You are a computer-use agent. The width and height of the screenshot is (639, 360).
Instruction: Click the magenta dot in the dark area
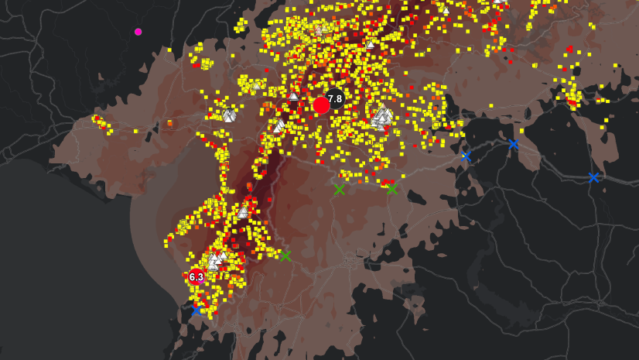(138, 32)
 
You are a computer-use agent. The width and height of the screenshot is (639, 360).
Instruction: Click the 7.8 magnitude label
(335, 98)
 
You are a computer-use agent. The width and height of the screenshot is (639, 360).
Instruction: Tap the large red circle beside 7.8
(321, 105)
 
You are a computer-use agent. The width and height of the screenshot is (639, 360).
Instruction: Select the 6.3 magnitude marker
(196, 276)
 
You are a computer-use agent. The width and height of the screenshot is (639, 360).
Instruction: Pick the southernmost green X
(285, 255)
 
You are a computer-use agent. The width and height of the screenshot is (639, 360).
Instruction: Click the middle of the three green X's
(339, 190)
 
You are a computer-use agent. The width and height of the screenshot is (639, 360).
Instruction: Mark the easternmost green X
(391, 189)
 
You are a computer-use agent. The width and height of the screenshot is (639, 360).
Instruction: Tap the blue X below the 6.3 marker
(196, 309)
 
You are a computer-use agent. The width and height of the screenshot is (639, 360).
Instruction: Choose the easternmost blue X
(593, 177)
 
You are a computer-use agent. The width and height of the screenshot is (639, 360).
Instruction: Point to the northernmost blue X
(513, 143)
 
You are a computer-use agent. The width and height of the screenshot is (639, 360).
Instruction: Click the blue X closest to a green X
(466, 156)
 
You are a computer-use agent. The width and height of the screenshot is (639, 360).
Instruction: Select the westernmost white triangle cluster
(229, 115)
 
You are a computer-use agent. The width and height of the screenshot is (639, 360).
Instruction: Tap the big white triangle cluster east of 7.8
(381, 118)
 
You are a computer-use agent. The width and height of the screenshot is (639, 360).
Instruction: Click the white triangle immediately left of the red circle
(293, 97)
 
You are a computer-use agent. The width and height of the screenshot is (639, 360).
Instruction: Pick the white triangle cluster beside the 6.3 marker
(216, 259)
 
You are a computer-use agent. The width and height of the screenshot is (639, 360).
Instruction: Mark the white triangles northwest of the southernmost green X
(243, 211)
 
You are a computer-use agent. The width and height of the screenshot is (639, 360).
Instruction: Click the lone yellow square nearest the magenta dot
(169, 50)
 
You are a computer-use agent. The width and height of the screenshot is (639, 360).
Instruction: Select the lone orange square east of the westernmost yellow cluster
(169, 122)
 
